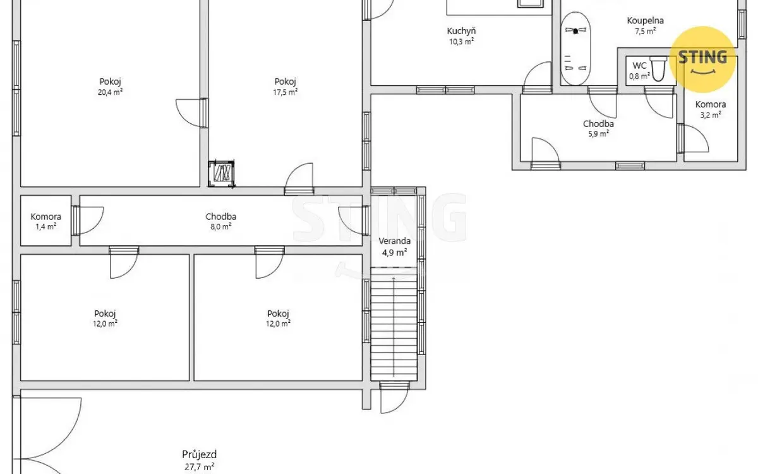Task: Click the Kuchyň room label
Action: click(461, 31)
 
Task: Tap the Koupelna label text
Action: click(645, 21)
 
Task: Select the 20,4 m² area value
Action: click(110, 92)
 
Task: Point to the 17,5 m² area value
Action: click(286, 92)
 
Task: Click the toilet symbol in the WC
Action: click(658, 69)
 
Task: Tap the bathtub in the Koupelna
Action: click(575, 49)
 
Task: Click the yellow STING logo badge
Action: click(702, 59)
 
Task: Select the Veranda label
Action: click(394, 241)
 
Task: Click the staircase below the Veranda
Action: click(394, 324)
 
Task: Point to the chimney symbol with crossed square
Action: click(222, 174)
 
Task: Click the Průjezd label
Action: click(200, 454)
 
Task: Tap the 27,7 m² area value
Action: click(200, 467)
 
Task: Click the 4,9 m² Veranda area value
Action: click(394, 253)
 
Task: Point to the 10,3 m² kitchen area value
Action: click(461, 42)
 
